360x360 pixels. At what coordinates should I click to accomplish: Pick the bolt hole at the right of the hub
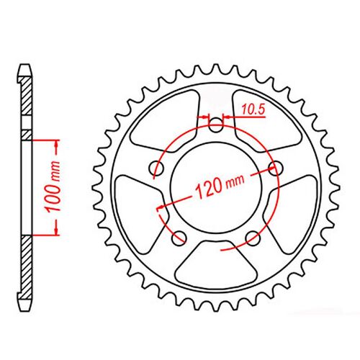click(x=274, y=168)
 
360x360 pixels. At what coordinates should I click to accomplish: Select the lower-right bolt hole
click(x=251, y=237)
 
